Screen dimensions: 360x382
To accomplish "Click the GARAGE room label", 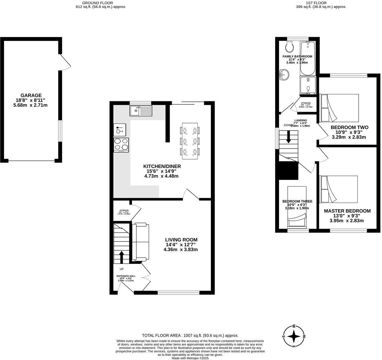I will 31,95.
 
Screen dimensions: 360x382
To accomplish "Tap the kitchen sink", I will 141,111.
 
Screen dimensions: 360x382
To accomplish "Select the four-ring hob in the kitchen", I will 121,145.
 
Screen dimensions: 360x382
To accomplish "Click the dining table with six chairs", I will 190,141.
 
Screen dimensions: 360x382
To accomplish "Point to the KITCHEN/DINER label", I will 162,166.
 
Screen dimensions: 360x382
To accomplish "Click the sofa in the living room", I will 141,241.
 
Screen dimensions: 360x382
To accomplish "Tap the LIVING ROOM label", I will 181,240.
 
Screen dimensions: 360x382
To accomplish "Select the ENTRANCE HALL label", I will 126,276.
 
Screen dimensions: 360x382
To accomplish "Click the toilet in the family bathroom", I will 289,46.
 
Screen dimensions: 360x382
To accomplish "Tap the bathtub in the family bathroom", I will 308,58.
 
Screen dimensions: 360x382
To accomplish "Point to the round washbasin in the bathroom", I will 284,74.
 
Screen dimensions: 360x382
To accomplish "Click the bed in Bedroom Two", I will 339,108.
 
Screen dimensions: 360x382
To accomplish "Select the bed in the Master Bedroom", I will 338,189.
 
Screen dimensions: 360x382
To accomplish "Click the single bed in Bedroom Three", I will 296,207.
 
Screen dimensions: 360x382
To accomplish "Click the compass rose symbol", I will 294,336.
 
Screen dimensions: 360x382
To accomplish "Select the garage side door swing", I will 65,63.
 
